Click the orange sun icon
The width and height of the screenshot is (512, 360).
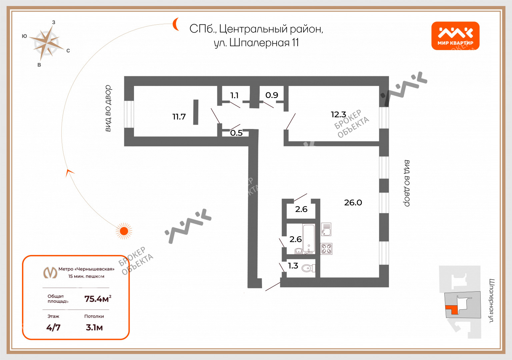coord(124,231)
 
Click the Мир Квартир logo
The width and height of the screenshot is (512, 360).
coord(455,36)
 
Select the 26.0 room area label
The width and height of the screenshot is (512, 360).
coord(353,203)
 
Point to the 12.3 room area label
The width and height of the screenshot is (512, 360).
coord(339,115)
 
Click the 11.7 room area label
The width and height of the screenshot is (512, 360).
coord(179,117)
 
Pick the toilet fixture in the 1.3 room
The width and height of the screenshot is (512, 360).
coord(309,268)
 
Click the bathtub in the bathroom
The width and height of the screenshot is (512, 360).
coord(309,239)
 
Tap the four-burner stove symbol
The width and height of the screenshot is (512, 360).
coord(326,249)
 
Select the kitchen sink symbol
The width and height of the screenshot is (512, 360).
coord(326,229)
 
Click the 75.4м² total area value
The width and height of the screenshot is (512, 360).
coord(98,299)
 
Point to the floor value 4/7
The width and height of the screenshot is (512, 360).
coord(53,328)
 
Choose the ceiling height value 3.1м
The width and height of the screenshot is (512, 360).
coord(94,328)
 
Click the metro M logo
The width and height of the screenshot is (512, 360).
coord(50,272)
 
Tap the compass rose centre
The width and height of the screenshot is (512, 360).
coord(47,43)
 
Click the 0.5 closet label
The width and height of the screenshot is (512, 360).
coord(236,133)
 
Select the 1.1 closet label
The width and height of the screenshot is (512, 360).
coord(234,95)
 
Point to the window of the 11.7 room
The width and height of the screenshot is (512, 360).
coord(129,114)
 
